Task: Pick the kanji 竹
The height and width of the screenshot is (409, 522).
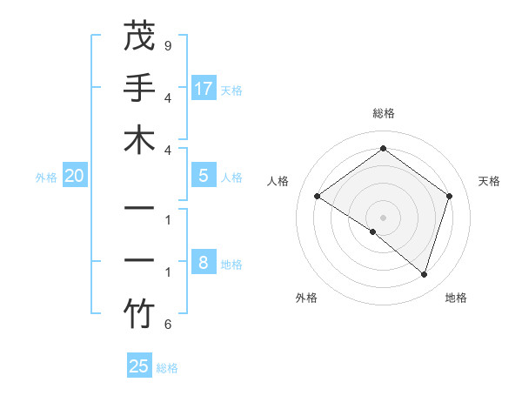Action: coord(139,314)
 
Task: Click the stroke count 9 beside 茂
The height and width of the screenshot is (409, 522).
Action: coord(167,44)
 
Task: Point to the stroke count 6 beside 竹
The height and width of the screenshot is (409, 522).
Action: coord(167,325)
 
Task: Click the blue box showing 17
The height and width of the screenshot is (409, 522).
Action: coord(204,88)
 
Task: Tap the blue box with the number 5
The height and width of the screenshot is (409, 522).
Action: coord(204,176)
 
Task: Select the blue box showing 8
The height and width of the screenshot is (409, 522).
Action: coord(204,262)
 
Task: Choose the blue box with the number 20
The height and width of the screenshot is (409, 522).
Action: coord(75,176)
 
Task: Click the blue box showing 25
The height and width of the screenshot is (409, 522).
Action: coord(139,366)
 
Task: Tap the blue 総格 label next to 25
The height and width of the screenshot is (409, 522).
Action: coord(167,368)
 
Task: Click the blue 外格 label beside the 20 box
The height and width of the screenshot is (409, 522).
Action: coord(46,178)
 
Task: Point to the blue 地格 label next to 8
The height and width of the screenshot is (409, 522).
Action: coord(232,265)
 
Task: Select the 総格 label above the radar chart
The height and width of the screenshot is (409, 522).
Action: coord(383,113)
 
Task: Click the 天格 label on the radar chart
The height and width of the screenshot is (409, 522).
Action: coord(489,181)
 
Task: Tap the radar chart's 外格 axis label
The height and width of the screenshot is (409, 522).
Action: coord(306,298)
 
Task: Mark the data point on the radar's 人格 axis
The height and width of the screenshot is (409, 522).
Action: coord(318,197)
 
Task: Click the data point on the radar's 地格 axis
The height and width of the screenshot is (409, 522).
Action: coord(425,274)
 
